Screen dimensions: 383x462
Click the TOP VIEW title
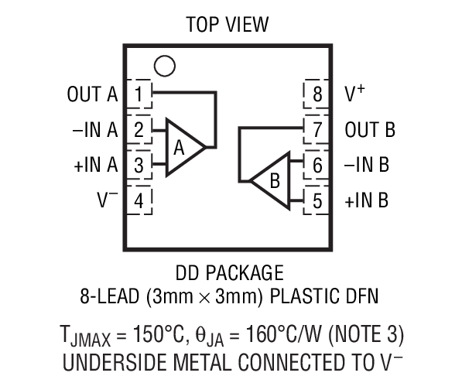228,24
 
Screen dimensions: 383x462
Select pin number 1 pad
139,94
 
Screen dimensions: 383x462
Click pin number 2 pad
139,129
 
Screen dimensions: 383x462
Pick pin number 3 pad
139,165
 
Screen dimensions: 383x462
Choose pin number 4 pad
139,200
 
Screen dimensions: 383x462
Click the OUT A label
92,95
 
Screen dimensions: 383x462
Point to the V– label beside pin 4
107,200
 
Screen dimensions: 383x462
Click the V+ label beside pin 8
355,94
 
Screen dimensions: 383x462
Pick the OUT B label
370,130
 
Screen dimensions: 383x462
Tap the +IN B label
367,200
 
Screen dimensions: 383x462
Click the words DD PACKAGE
229,273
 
